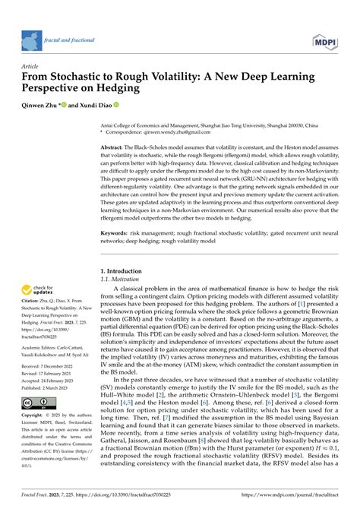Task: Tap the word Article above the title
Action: coord(33,66)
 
